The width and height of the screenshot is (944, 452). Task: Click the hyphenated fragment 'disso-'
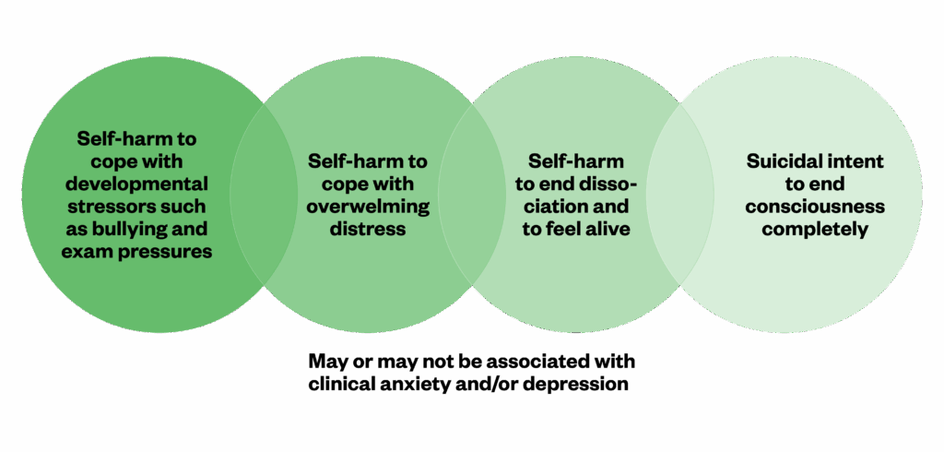pyautogui.click(x=608, y=183)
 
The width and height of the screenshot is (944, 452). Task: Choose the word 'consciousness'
pyautogui.click(x=816, y=206)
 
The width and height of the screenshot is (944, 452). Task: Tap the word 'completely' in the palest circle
pyautogui.click(x=816, y=228)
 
